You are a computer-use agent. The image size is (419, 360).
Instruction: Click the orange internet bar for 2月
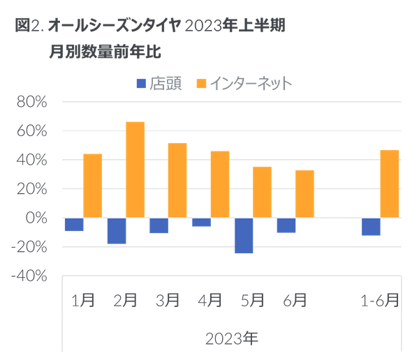(135, 169)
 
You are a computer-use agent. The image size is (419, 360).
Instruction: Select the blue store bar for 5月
(244, 236)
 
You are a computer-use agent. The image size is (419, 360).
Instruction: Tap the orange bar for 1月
(92, 185)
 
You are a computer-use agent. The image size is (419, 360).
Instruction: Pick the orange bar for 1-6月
(390, 183)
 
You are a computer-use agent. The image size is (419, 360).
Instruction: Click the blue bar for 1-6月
(372, 227)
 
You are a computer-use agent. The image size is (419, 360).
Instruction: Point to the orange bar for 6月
(304, 193)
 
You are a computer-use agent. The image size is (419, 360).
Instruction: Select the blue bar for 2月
(117, 230)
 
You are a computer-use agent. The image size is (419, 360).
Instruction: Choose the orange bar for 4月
(220, 183)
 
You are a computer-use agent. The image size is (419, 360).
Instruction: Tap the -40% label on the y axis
(31, 276)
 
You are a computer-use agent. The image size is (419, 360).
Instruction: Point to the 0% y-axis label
(36, 218)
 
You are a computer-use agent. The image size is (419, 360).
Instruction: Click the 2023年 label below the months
(232, 339)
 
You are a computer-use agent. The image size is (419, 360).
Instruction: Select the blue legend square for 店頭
(140, 84)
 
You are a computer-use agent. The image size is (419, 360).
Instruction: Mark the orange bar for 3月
(177, 180)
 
